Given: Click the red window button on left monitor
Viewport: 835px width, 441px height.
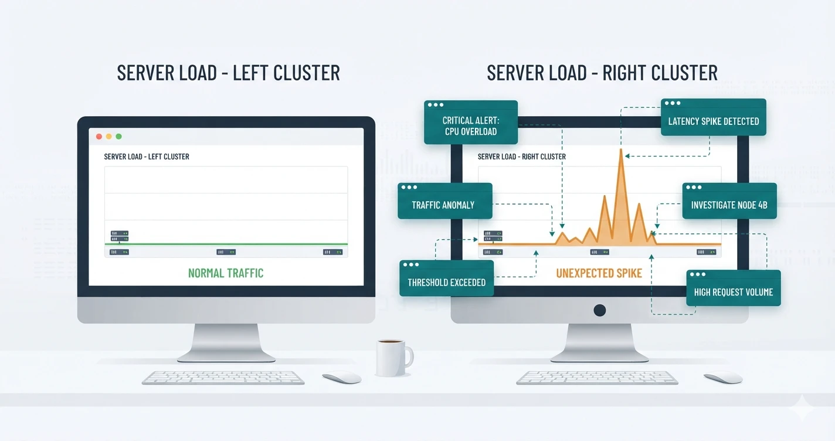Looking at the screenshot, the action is (x=99, y=137).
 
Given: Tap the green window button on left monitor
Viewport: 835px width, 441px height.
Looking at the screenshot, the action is (x=118, y=137).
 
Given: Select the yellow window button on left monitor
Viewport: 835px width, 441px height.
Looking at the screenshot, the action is (x=109, y=137).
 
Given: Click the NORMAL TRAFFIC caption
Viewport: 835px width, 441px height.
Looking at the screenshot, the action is (x=226, y=273).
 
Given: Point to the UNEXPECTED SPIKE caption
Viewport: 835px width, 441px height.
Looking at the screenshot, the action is (x=599, y=273).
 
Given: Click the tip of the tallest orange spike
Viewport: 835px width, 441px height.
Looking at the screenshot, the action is (x=621, y=149).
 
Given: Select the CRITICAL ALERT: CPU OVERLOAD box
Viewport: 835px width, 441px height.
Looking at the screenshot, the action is (x=471, y=123).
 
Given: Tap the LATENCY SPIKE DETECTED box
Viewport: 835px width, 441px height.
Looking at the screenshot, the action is (x=714, y=117).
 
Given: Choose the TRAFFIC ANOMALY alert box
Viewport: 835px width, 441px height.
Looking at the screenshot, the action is (x=445, y=201).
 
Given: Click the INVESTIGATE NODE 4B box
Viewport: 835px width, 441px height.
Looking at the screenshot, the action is (x=729, y=201).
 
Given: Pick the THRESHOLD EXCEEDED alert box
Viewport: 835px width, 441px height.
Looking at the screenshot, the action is (x=447, y=278).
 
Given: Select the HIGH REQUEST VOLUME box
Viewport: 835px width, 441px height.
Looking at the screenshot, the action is (x=734, y=288).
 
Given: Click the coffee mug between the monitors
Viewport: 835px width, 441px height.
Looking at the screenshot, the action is (x=393, y=358).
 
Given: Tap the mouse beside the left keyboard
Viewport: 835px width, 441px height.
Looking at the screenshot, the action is (x=342, y=377).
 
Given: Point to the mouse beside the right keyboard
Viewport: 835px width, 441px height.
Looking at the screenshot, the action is (x=723, y=377).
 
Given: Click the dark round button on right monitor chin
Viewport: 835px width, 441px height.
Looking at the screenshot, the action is (x=599, y=310).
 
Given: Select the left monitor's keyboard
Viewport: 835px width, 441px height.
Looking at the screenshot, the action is (x=223, y=377).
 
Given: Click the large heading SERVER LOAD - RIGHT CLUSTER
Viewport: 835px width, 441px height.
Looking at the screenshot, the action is (x=602, y=73).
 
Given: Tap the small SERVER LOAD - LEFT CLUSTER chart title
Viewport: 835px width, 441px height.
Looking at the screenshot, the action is (x=147, y=157).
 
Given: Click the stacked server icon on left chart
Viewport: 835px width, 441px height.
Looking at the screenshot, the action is (x=119, y=236).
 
